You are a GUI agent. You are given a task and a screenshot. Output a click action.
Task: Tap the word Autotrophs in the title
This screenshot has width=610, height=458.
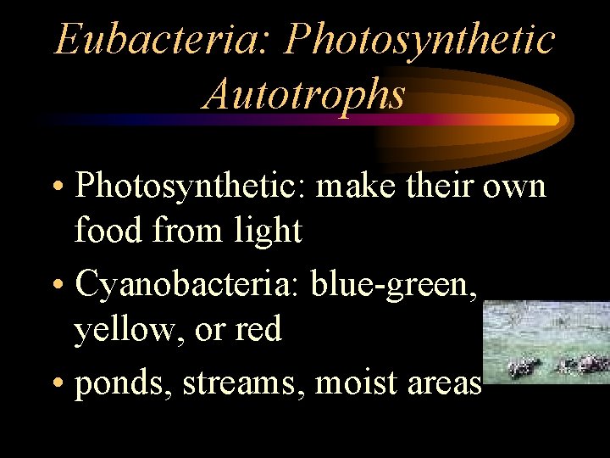tap(304, 94)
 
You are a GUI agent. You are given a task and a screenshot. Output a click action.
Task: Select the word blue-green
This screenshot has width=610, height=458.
tap(393, 286)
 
